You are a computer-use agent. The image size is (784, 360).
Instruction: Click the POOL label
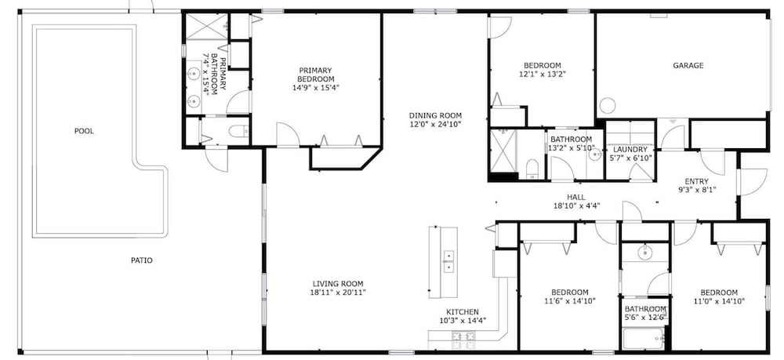pyautogui.click(x=84, y=132)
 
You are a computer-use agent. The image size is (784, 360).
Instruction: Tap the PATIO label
pyautogui.click(x=141, y=260)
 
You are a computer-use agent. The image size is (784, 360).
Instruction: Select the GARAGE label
pyautogui.click(x=688, y=66)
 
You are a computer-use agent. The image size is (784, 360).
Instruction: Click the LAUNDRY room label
pyautogui.click(x=630, y=150)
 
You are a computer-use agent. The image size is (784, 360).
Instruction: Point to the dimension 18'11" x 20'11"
pyautogui.click(x=338, y=293)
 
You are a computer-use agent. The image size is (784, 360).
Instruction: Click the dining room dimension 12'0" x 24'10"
pyautogui.click(x=435, y=124)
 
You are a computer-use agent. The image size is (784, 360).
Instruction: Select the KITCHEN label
pyautogui.click(x=463, y=312)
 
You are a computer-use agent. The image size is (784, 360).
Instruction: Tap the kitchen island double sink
pyautogui.click(x=448, y=262)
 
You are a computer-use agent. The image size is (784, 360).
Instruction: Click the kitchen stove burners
pyautogui.click(x=463, y=340)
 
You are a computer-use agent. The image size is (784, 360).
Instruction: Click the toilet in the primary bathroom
pyautogui.click(x=238, y=132)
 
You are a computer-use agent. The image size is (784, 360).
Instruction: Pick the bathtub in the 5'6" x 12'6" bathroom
pyautogui.click(x=644, y=339)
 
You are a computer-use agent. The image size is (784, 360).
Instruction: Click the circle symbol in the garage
pyautogui.click(x=607, y=106)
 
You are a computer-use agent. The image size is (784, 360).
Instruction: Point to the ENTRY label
pyautogui.click(x=696, y=181)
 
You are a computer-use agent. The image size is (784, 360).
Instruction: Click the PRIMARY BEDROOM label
pyautogui.click(x=315, y=75)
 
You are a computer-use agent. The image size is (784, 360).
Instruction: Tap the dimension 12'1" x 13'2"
pyautogui.click(x=542, y=74)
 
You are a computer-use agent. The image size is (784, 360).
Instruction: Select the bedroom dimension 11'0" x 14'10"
pyautogui.click(x=719, y=301)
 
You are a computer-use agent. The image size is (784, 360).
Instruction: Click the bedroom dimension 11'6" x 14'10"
pyautogui.click(x=570, y=301)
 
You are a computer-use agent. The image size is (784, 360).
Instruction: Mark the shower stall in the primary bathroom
pyautogui.click(x=207, y=27)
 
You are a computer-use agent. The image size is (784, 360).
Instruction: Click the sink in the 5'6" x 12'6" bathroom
pyautogui.click(x=645, y=253)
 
